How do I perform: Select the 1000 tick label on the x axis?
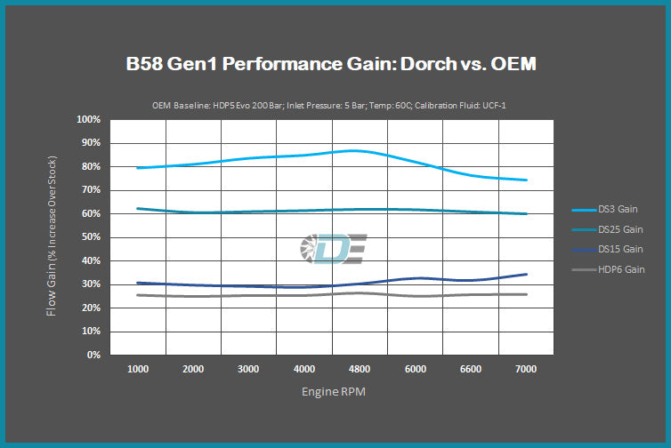(137, 368)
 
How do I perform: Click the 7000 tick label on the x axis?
(526, 368)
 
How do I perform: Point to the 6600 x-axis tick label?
(470, 368)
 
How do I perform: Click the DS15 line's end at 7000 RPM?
(526, 275)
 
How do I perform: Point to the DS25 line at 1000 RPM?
(137, 208)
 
